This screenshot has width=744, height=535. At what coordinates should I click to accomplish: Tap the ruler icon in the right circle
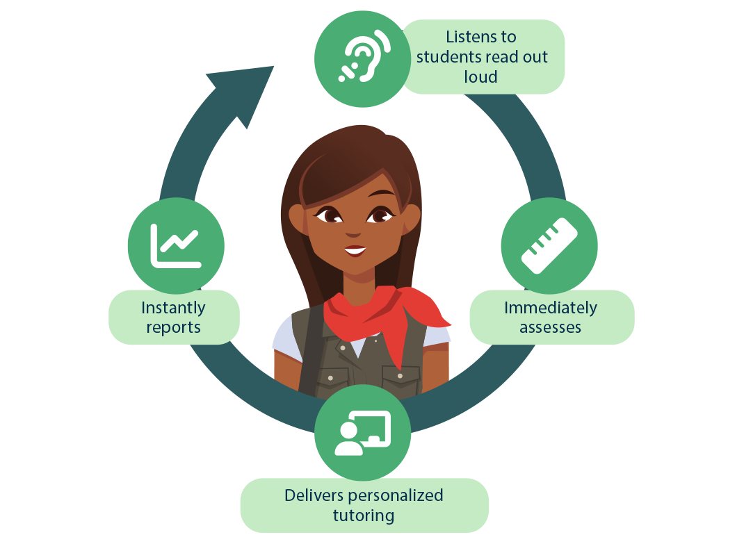coord(549,246)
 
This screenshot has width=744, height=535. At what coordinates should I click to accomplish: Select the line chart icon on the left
coord(175,245)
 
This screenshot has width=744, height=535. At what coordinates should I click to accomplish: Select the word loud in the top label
coord(481,76)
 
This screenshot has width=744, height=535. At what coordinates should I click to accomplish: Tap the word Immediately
coord(550,307)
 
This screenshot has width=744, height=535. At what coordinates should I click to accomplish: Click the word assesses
coord(550,327)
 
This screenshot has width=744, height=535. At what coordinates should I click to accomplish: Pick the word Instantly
coord(173,307)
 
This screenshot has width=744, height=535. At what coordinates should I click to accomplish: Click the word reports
coord(173,327)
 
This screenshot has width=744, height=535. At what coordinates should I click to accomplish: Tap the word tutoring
coord(363,516)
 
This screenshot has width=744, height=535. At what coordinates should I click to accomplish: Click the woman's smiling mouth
coord(355,249)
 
